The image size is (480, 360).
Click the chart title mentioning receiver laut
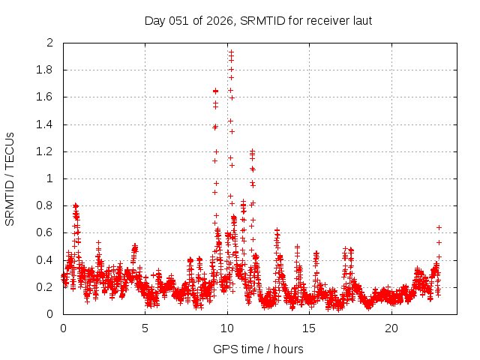(258, 20)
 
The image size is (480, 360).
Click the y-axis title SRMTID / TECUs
(10, 178)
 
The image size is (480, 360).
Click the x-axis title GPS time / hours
(258, 349)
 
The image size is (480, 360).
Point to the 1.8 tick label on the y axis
(47, 70)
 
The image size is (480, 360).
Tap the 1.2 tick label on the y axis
(47, 151)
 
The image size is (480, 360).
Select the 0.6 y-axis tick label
(47, 233)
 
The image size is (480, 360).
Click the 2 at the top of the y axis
(51, 43)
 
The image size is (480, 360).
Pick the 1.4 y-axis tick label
(47, 124)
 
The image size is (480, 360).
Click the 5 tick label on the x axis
(145, 328)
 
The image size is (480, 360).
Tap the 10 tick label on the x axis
(227, 328)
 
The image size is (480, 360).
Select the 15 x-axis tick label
(310, 328)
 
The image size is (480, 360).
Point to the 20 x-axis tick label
(391, 328)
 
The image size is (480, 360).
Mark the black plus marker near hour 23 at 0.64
(439, 227)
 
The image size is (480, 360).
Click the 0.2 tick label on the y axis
(47, 287)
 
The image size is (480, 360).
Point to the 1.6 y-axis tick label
(47, 97)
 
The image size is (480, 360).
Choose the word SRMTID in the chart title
(258, 20)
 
